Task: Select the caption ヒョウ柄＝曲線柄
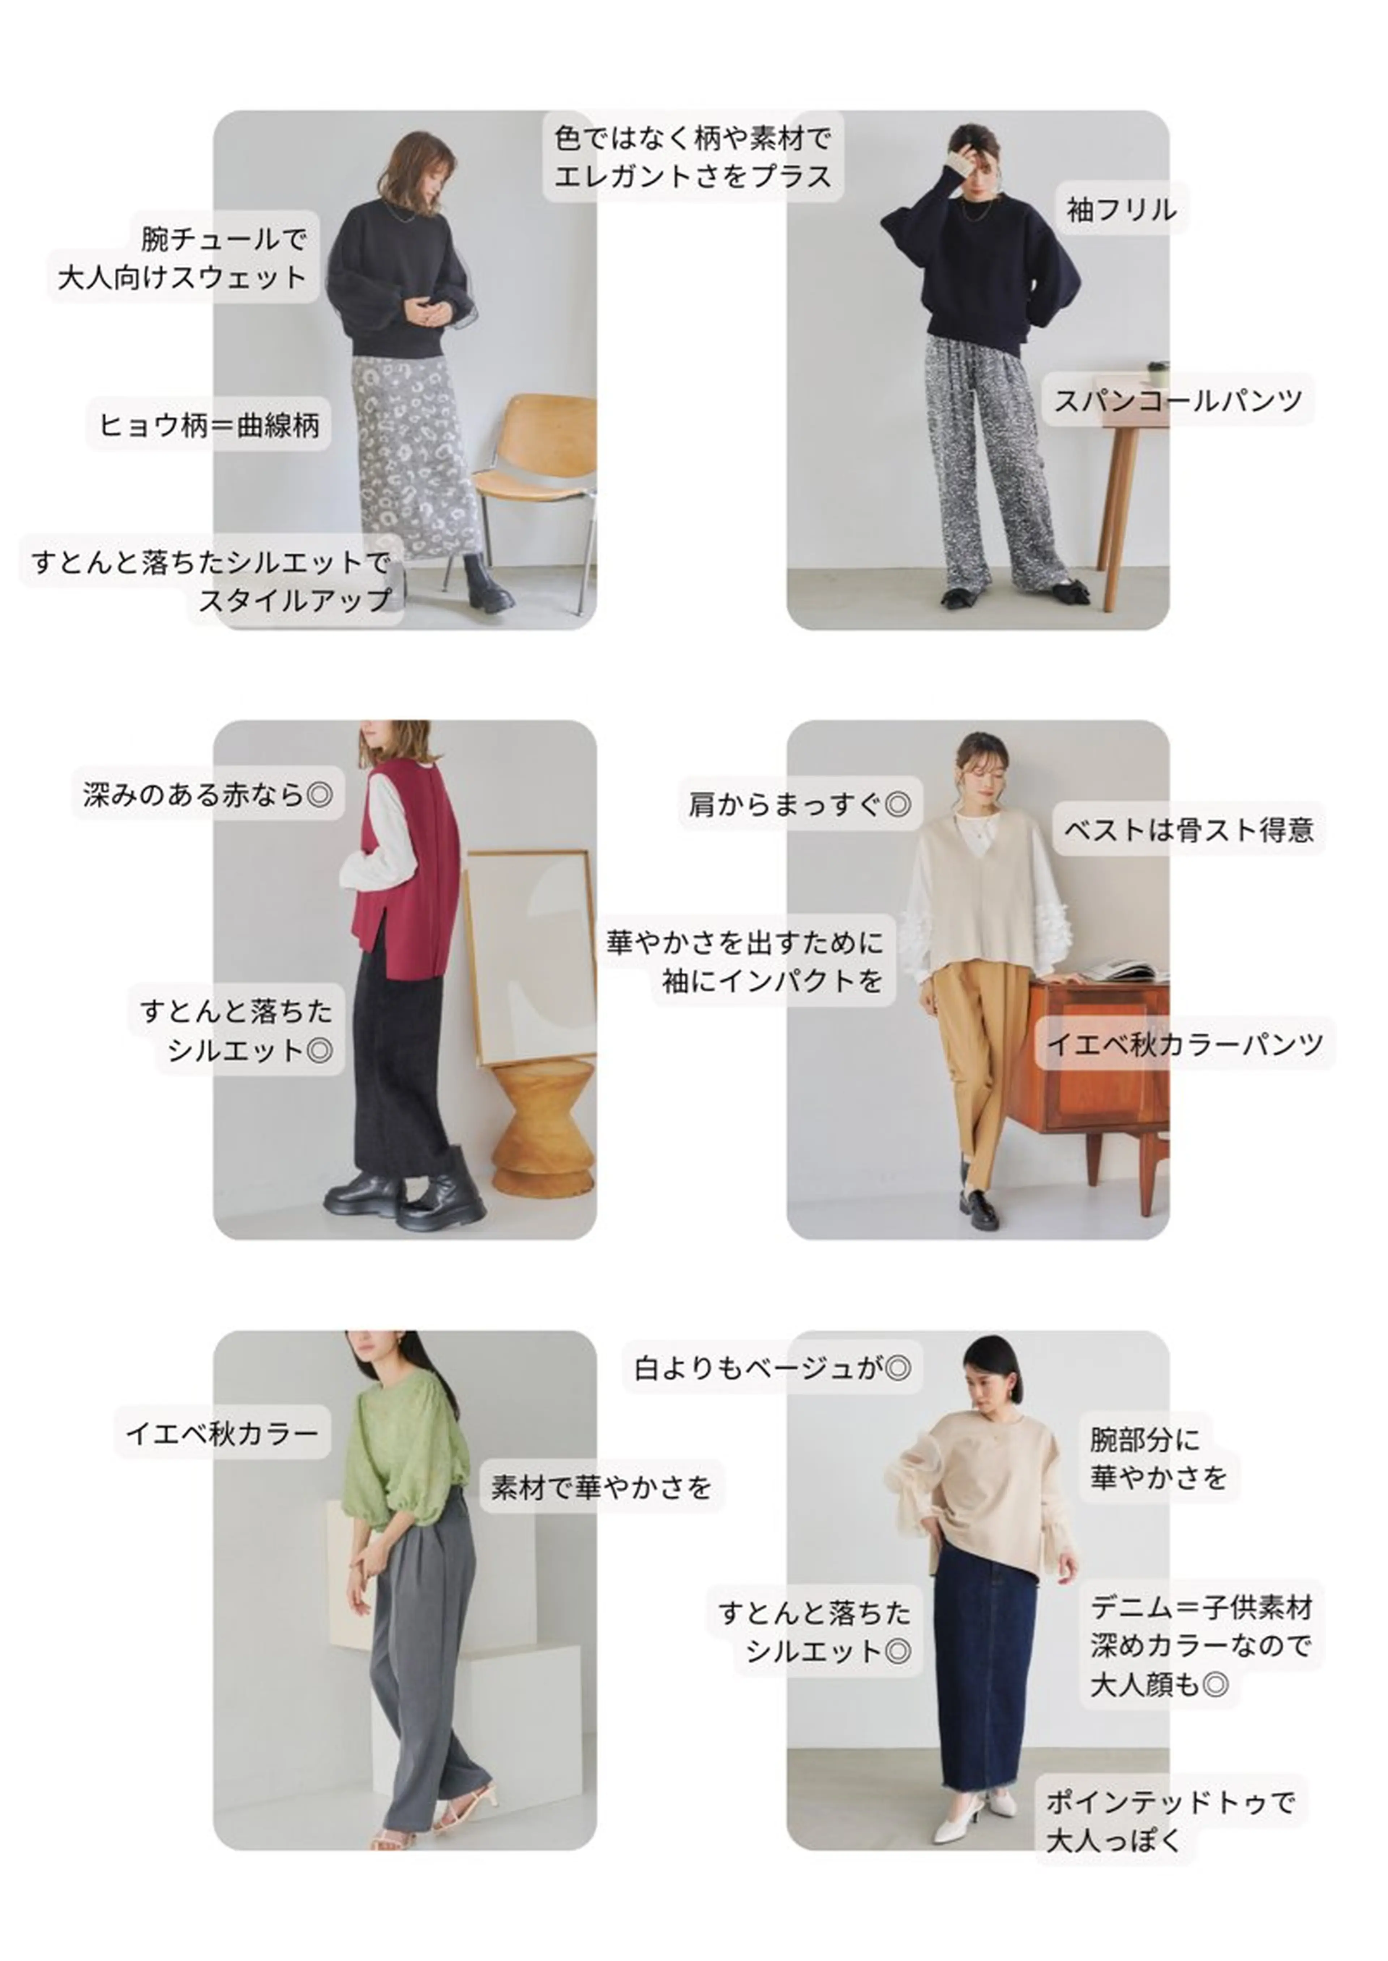coord(209,425)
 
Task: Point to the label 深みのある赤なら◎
coord(208,795)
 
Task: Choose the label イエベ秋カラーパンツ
coord(1186,1043)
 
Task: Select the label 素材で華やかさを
coord(602,1488)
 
